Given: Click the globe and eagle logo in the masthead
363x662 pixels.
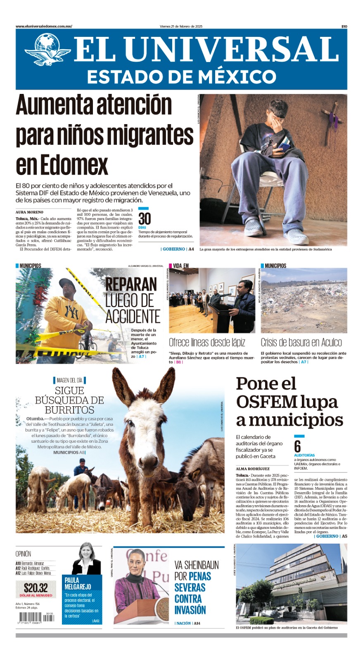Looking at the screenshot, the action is [47, 50].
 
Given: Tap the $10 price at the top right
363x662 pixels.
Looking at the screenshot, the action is [344, 26].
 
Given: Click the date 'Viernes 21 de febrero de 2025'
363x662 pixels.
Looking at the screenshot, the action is [181, 26].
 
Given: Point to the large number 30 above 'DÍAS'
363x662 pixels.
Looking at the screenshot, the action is [145, 218].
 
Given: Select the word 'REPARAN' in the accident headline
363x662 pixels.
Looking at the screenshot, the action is [131, 285].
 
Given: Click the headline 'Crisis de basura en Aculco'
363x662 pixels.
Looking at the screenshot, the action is [301, 343].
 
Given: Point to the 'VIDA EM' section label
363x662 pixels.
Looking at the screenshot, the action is [180, 266].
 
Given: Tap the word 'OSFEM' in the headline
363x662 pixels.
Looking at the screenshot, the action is [267, 402].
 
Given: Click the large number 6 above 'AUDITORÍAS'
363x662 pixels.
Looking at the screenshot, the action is [297, 446].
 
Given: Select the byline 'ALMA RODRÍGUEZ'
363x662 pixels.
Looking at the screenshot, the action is [252, 469].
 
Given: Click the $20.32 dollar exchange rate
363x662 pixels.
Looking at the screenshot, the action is [36, 588].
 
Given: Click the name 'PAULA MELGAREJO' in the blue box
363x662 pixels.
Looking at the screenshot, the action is [78, 583].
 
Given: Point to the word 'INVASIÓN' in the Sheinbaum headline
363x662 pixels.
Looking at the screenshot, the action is [190, 610].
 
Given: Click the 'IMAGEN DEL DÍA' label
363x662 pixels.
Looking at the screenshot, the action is [69, 380].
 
